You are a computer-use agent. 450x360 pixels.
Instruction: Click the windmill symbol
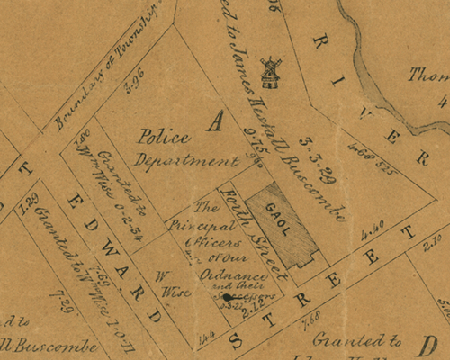pos(268,73)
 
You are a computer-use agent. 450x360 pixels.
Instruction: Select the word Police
pos(164,137)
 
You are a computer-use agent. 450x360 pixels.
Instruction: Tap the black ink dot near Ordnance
pos(228,297)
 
